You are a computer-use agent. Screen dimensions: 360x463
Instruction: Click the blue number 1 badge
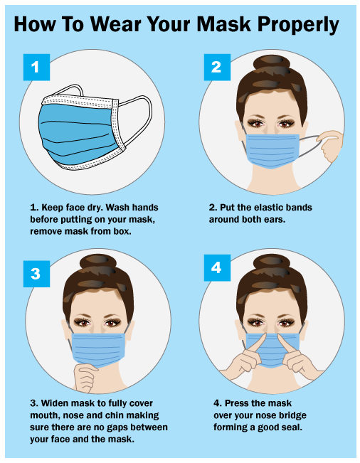36,67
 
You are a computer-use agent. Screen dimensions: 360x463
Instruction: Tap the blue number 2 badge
217,67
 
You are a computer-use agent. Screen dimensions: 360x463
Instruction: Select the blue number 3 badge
36,273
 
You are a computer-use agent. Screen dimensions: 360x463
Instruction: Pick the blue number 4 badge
217,268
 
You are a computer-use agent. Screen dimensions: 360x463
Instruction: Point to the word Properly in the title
298,26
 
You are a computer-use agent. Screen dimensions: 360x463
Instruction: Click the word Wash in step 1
117,207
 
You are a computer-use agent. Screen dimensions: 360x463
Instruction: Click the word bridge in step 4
292,415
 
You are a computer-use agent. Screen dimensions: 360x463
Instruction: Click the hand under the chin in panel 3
85,378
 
